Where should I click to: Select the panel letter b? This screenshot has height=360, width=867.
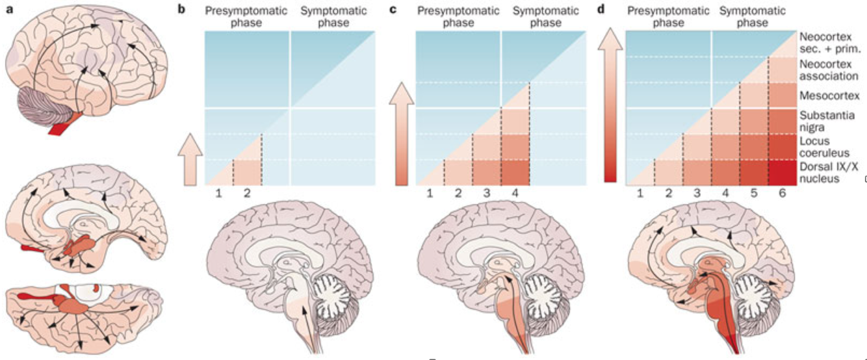(174, 8)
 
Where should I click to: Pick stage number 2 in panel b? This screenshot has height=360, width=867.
(246, 194)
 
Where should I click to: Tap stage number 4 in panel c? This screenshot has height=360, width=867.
(514, 194)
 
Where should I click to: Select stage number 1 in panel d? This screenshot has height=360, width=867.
(640, 194)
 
